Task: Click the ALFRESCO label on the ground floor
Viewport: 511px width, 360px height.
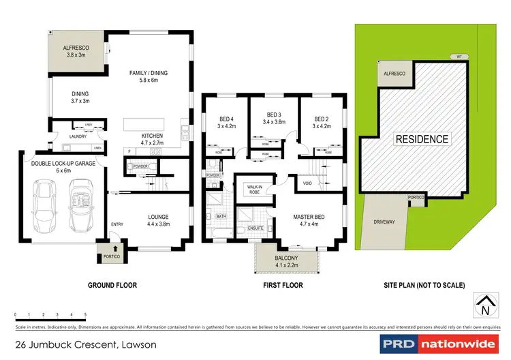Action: click(x=77, y=47)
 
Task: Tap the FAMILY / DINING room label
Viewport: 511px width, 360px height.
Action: click(x=149, y=73)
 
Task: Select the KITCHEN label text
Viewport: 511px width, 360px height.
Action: click(x=152, y=134)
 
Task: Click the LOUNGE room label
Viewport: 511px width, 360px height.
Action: click(x=158, y=217)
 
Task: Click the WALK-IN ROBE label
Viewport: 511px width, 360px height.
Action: click(x=254, y=189)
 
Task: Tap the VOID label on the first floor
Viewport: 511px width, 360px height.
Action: click(x=307, y=183)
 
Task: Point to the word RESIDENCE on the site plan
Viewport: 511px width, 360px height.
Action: click(x=422, y=139)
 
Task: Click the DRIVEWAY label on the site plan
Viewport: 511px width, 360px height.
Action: click(x=384, y=222)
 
